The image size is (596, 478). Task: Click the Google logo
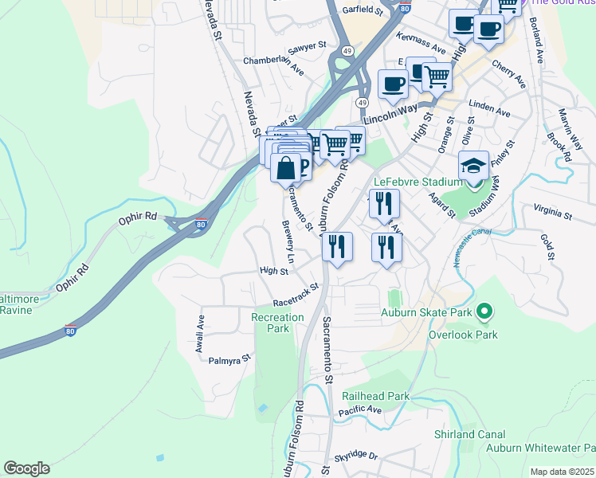tap(26, 468)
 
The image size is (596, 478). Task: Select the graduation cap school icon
tap(473, 167)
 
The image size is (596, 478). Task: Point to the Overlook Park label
tap(463, 335)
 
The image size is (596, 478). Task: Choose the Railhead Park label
tap(375, 396)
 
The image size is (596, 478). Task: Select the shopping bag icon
tap(286, 168)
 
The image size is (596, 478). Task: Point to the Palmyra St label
tap(229, 360)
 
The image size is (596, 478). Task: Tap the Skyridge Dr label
tap(356, 455)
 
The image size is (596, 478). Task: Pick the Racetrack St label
tap(296, 295)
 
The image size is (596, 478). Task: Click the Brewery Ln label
tap(288, 242)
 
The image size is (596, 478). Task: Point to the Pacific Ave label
tap(359, 411)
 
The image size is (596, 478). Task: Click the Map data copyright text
tap(563, 472)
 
